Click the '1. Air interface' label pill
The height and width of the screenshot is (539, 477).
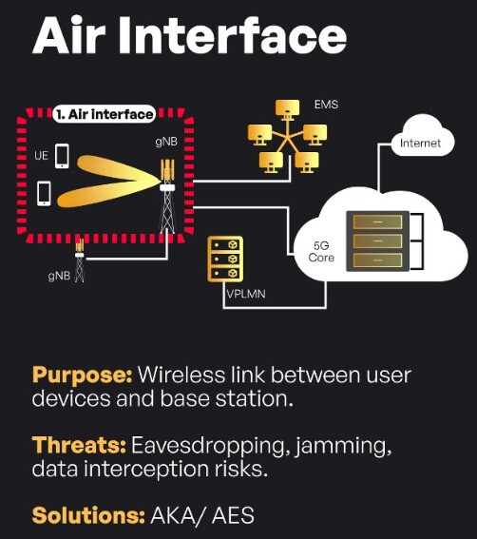point(105,114)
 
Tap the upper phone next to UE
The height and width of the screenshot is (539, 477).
point(62,156)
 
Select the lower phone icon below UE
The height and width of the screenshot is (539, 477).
point(44,194)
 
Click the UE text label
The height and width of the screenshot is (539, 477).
point(41,156)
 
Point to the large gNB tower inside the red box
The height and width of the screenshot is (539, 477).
point(167,196)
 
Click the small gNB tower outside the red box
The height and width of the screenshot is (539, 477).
point(80,260)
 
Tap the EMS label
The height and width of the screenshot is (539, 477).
point(326,105)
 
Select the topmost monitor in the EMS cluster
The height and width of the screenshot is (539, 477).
point(287,109)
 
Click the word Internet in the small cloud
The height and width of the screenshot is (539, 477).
point(420,143)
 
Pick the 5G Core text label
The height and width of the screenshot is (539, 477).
point(321,251)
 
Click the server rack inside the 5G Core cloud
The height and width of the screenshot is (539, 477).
point(378,241)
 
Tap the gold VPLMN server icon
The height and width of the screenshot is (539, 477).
point(225,259)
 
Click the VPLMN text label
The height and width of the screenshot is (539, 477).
point(246,294)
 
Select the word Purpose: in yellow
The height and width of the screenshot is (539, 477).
point(82,375)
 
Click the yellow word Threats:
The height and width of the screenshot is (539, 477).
point(79,446)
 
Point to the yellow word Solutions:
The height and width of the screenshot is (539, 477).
point(88,516)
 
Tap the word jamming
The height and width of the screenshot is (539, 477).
point(343,447)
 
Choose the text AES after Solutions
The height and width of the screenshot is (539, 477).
point(233,515)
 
